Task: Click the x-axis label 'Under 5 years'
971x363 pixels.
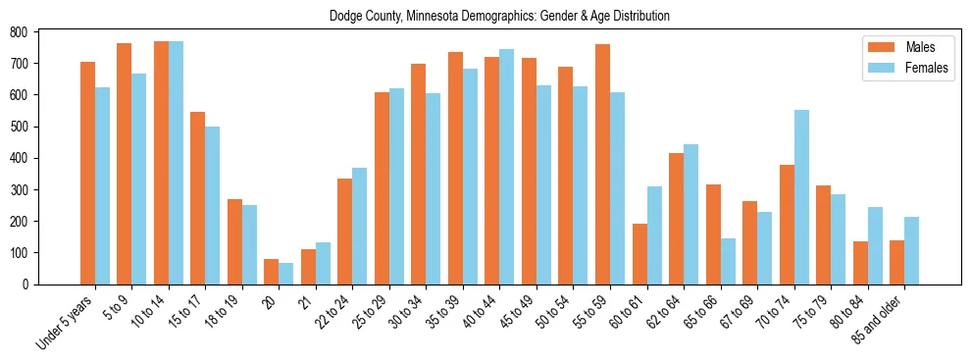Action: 67,322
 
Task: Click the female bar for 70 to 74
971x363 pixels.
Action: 802,197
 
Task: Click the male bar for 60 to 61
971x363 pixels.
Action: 639,254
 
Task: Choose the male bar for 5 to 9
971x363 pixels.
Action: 125,164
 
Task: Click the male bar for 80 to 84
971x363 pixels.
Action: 860,263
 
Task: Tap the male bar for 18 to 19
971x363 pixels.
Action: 234,241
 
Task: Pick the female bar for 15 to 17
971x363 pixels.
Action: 213,205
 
